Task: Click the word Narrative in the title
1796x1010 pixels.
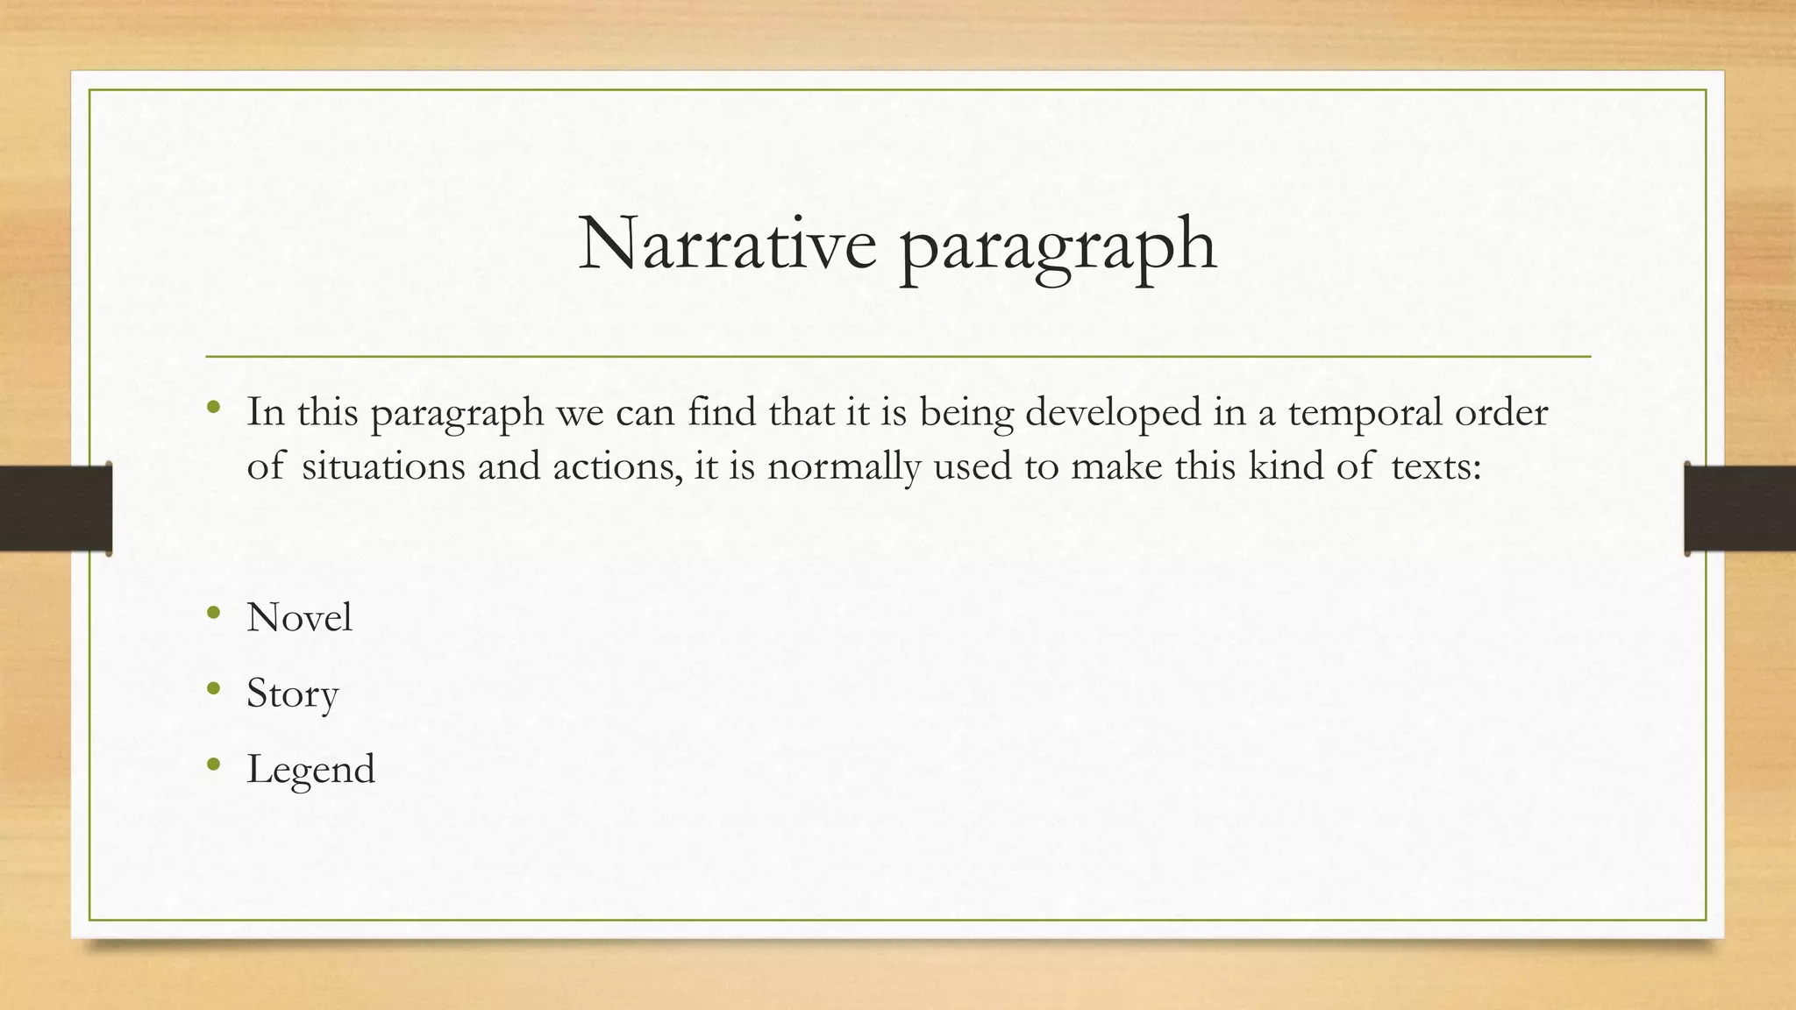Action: [727, 243]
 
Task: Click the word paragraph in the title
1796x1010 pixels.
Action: [1058, 246]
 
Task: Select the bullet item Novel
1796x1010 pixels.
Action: [299, 617]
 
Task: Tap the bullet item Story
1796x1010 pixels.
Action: [292, 694]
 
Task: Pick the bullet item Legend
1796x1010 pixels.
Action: [310, 770]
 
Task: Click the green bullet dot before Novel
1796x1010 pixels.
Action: [213, 613]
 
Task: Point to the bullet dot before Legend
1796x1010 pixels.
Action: [213, 765]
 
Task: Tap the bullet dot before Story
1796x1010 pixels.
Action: [213, 689]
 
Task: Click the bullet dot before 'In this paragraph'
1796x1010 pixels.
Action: [213, 407]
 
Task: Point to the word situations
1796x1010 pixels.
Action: [383, 466]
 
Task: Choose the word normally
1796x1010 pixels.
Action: [844, 466]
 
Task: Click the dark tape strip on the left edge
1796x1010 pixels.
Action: [55, 509]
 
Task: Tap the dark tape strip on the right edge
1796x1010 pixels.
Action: [1740, 509]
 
